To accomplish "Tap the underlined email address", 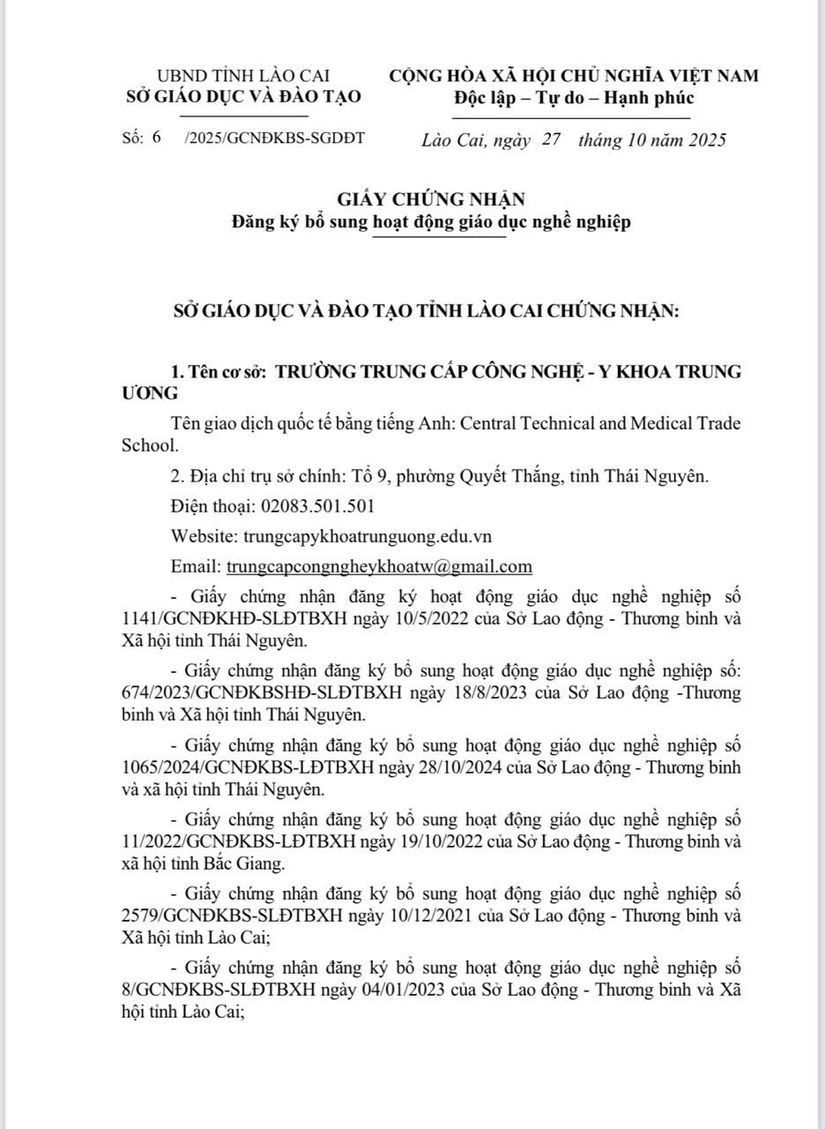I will click(379, 565).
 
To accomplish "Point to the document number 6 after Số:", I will click(156, 139).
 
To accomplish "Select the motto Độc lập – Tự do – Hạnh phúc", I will click(574, 98).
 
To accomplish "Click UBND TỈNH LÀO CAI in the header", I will click(242, 77).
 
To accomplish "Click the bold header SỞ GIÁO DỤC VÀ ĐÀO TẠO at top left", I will click(242, 97).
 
